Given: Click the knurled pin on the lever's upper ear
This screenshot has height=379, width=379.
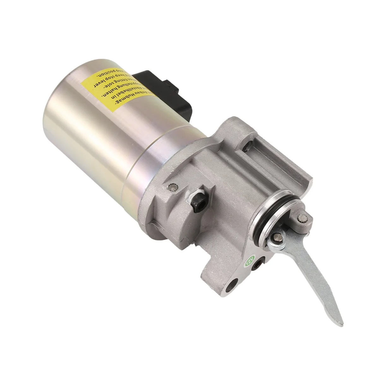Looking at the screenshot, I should click(x=301, y=218).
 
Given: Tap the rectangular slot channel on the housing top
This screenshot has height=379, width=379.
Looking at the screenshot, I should click(x=272, y=152).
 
